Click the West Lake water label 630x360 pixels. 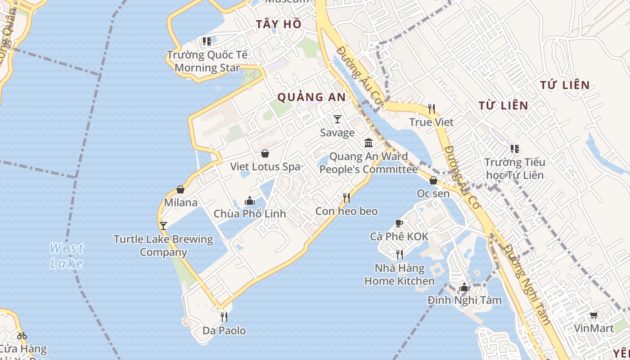[67, 255]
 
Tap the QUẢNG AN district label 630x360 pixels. [311, 97]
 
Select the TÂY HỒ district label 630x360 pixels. [279, 24]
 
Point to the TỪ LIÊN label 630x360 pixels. [503, 105]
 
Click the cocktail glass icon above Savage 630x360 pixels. [337, 119]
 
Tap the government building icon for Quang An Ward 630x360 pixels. [369, 143]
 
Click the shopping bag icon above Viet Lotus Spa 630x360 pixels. [265, 153]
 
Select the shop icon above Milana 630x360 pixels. [180, 189]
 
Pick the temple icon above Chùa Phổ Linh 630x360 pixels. [250, 201]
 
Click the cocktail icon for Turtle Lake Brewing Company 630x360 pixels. [163, 225]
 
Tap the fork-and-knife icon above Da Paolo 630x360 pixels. [224, 317]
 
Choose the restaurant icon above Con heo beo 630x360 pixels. [346, 198]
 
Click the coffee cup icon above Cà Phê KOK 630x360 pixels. [399, 223]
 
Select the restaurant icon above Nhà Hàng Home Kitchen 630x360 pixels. [399, 255]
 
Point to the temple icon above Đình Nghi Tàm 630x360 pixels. [464, 287]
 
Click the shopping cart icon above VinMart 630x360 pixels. [594, 315]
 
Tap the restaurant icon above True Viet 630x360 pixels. [432, 109]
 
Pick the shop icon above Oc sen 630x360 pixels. [433, 180]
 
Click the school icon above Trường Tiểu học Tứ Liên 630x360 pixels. [514, 149]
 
